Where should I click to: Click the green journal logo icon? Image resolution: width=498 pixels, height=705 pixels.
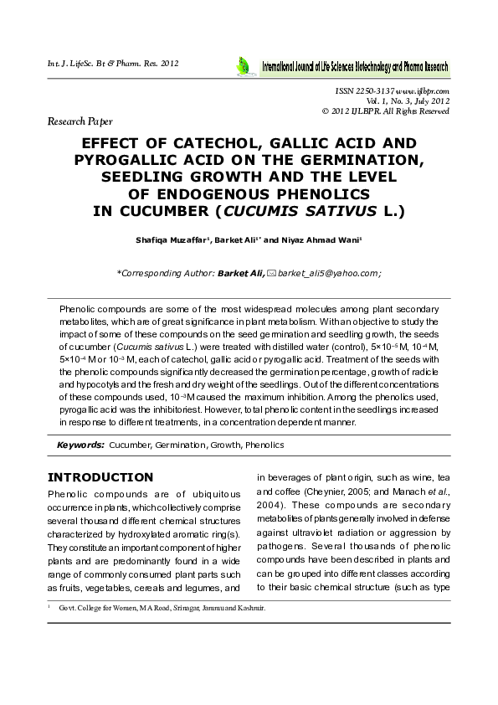tap(243, 65)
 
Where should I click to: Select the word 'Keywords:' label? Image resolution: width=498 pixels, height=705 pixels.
tap(80, 445)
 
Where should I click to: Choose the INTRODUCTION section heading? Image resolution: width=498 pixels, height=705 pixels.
tap(100, 477)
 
